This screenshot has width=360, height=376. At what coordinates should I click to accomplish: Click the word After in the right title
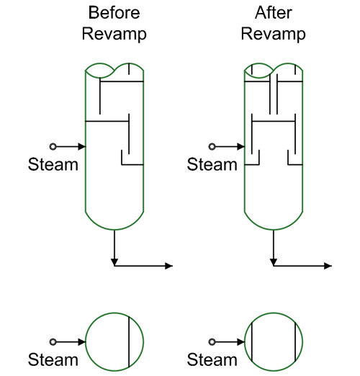274,12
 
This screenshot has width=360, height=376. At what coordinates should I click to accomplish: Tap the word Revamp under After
274,34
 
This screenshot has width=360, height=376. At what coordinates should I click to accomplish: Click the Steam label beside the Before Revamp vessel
53,164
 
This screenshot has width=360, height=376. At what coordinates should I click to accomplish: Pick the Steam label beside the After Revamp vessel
212,164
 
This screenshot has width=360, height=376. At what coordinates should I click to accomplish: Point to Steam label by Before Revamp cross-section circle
53,359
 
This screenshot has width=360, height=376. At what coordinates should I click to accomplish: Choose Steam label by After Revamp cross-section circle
212,359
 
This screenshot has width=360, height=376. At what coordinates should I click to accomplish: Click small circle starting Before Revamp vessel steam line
53,146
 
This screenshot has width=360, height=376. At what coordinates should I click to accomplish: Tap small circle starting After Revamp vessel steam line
212,146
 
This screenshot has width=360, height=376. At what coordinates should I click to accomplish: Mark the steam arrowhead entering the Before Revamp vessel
81,146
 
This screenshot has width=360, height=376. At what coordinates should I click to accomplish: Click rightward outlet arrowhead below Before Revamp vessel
169,266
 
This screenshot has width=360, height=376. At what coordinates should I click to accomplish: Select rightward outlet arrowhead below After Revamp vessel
328,266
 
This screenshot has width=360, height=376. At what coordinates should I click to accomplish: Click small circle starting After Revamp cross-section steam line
212,341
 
